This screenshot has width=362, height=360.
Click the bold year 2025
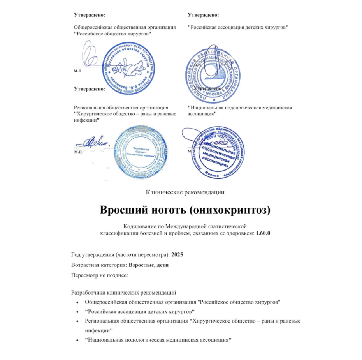[177, 255]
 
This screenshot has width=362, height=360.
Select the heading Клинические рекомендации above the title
[185, 192]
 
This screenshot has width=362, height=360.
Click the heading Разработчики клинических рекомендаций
[124, 292]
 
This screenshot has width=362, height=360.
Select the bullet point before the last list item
[80, 340]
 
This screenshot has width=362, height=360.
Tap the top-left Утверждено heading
[90, 15]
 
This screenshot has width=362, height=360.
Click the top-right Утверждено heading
[203, 15]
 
